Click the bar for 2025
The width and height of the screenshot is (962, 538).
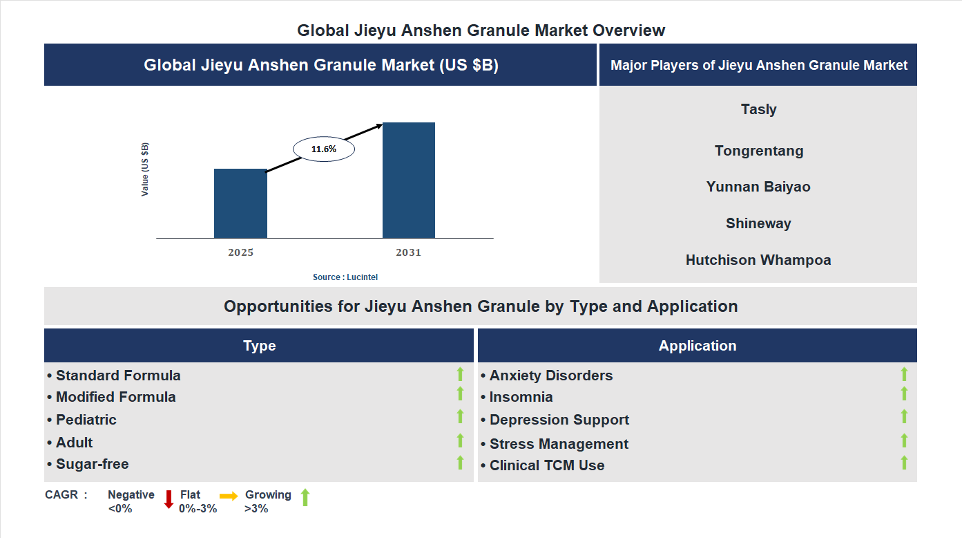pyautogui.click(x=240, y=203)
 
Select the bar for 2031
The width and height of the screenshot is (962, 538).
pyautogui.click(x=409, y=180)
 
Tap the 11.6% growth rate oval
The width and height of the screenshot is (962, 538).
pyautogui.click(x=324, y=149)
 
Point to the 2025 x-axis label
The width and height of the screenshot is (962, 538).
pyautogui.click(x=240, y=252)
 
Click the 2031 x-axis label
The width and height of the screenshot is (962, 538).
pyautogui.click(x=408, y=252)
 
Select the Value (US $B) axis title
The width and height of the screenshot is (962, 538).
pyautogui.click(x=145, y=169)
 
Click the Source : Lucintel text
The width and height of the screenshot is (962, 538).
pyautogui.click(x=345, y=277)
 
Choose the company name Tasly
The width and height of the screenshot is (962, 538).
pyautogui.click(x=758, y=109)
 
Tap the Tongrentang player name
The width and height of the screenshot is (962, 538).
pyautogui.click(x=758, y=151)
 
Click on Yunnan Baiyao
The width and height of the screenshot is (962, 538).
pyautogui.click(x=758, y=187)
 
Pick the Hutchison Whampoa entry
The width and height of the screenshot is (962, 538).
pyautogui.click(x=758, y=260)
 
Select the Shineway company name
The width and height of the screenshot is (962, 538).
pyautogui.click(x=758, y=223)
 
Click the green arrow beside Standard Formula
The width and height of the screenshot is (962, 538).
pyautogui.click(x=460, y=375)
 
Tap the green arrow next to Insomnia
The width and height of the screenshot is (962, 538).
pyautogui.click(x=904, y=394)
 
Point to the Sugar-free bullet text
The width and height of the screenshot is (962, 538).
pyautogui.click(x=92, y=464)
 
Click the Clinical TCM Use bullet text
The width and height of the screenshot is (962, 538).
pyautogui.click(x=546, y=465)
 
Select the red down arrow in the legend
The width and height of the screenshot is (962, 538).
pyautogui.click(x=169, y=499)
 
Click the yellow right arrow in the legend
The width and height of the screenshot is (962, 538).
pyautogui.click(x=229, y=496)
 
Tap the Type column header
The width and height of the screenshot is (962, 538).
pyautogui.click(x=259, y=346)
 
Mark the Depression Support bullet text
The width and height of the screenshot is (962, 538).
pyautogui.click(x=559, y=420)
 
